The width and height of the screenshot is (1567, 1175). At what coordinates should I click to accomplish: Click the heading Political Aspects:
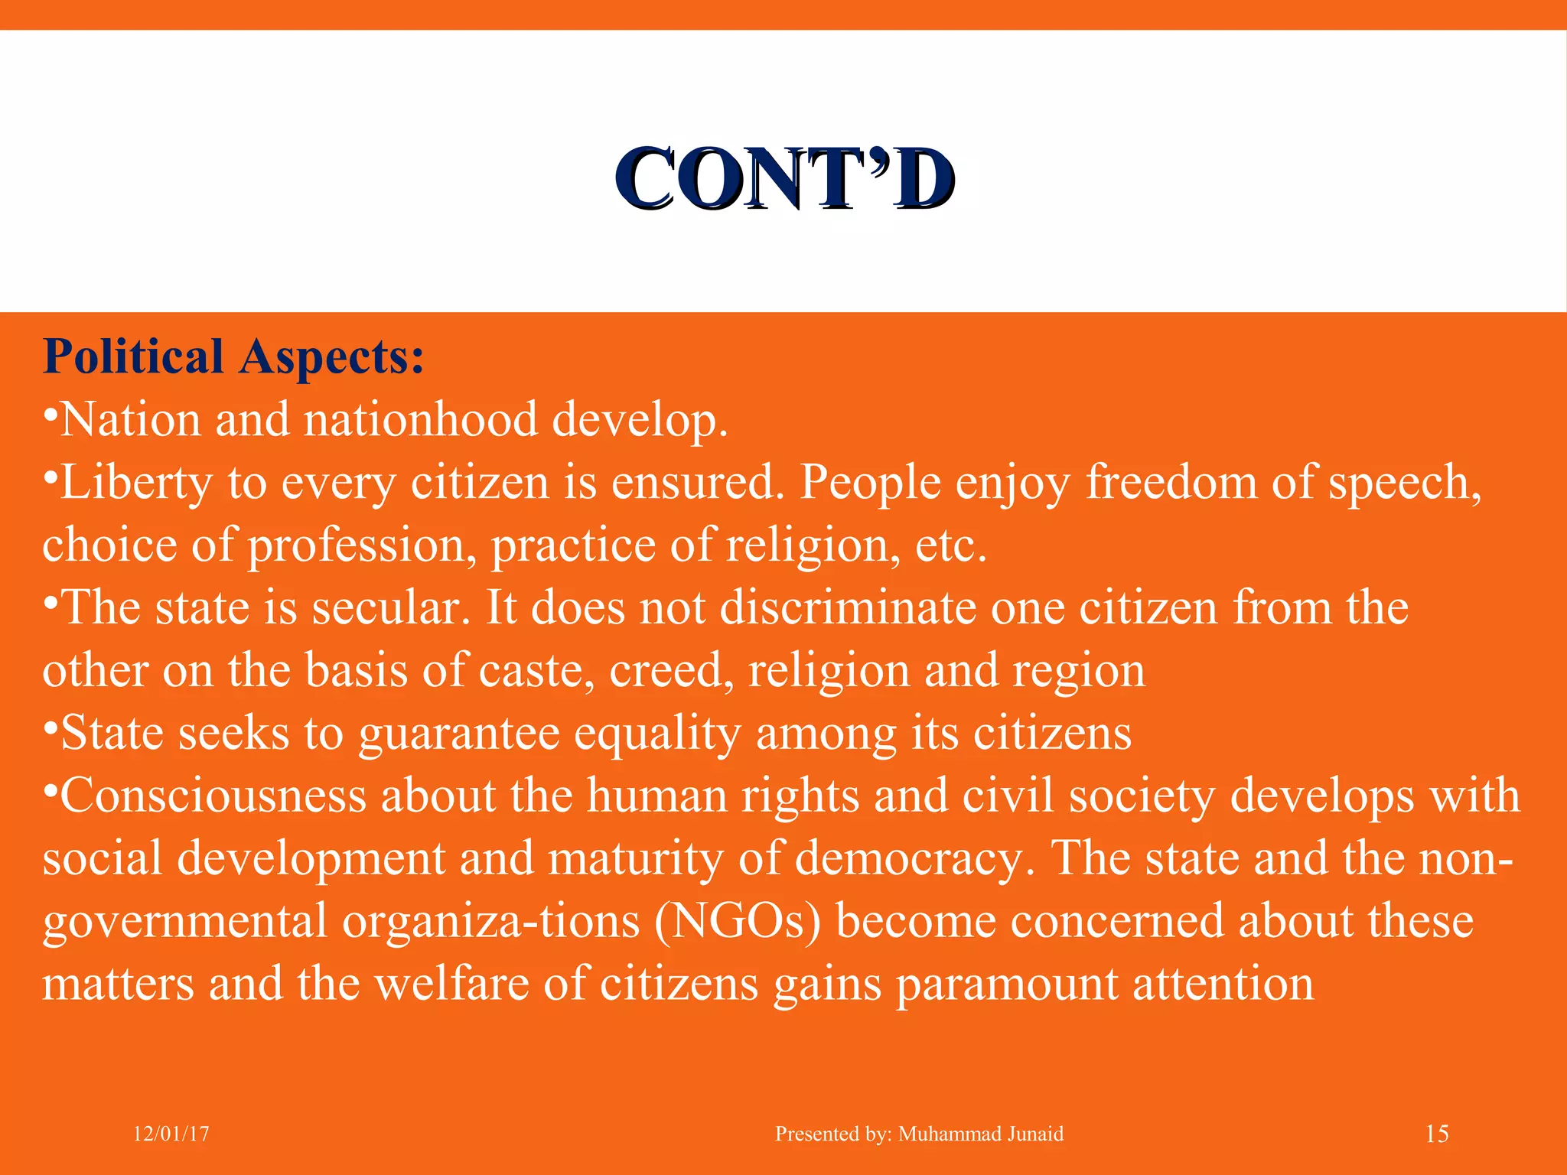[233, 356]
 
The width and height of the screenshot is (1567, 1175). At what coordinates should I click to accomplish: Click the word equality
[657, 733]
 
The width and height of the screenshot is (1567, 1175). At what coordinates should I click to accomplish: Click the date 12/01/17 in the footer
[171, 1134]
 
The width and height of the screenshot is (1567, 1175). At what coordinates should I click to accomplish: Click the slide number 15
[1437, 1134]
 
